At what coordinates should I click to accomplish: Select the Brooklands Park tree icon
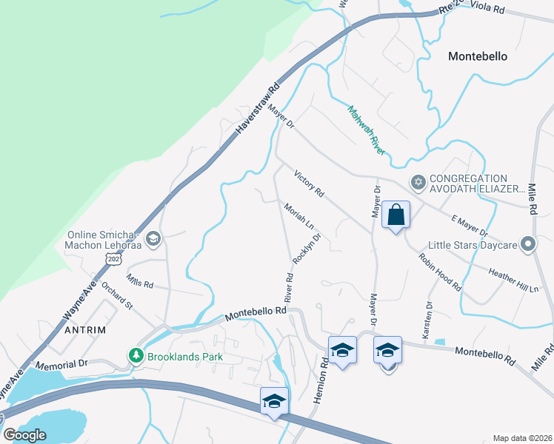click(136, 356)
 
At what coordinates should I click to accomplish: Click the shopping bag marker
click(396, 215)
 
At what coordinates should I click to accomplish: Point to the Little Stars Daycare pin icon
click(527, 243)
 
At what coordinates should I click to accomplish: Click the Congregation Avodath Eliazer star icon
click(418, 181)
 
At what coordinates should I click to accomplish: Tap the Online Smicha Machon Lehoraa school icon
click(153, 238)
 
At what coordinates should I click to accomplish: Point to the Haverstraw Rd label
click(258, 108)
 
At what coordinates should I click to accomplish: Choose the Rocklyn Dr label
click(306, 249)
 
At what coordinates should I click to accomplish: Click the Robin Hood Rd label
click(441, 272)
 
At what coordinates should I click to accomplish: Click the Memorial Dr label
click(61, 364)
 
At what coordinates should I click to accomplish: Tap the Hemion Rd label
click(324, 377)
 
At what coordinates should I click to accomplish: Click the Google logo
click(24, 434)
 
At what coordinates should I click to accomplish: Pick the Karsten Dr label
click(427, 320)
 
